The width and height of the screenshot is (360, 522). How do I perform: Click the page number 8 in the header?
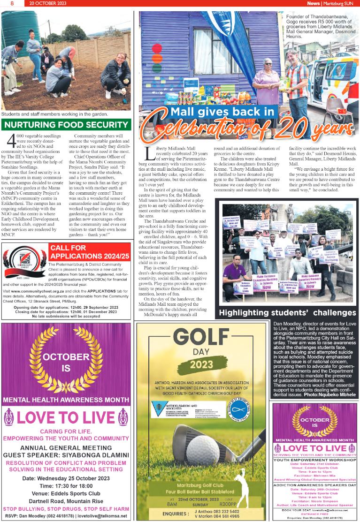point(6,3)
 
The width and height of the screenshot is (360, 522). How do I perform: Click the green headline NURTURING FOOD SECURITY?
point(66,125)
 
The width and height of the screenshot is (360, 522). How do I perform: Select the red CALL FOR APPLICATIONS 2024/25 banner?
point(90,252)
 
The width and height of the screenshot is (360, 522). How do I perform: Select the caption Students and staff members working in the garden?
point(54,114)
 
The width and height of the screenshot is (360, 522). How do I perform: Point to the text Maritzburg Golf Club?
point(203,484)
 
